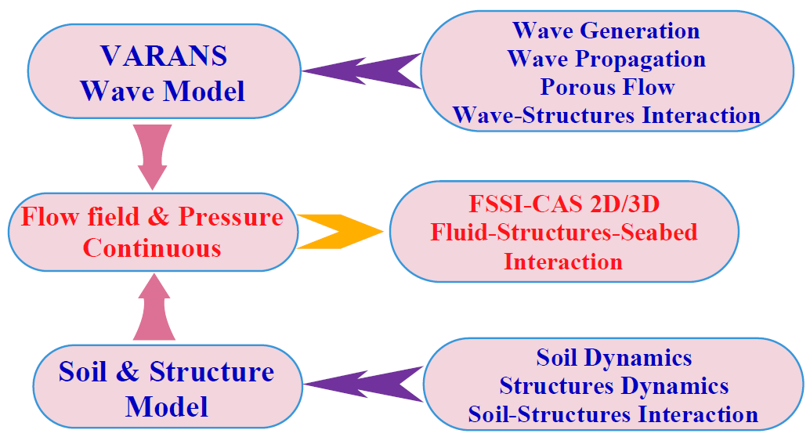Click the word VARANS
(164, 56)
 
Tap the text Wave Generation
(606, 31)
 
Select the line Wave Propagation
(606, 59)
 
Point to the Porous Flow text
(608, 87)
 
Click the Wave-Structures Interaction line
(606, 115)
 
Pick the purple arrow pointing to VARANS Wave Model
(361, 70)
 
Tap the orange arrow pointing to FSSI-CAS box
(341, 231)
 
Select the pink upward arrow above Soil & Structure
(154, 307)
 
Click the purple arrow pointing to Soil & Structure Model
(363, 384)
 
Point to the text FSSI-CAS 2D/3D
(564, 204)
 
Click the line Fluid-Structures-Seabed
(564, 233)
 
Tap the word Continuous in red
(152, 248)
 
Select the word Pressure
(230, 217)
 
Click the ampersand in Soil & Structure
(128, 371)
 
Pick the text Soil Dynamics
(613, 357)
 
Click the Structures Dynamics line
(613, 386)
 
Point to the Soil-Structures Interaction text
(613, 414)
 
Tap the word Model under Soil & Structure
(166, 406)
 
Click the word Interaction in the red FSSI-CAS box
(563, 262)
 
